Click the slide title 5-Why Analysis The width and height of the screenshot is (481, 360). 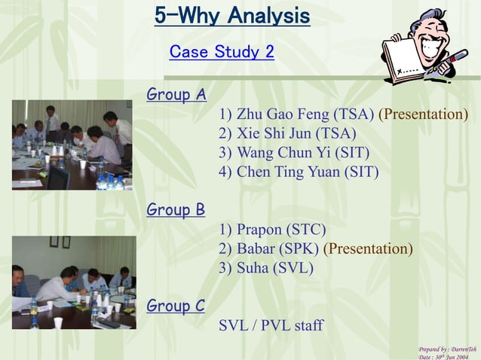click(x=231, y=16)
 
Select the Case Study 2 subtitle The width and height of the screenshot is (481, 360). click(x=222, y=52)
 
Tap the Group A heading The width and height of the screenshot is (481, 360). click(x=176, y=95)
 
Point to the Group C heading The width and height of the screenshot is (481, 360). click(x=175, y=306)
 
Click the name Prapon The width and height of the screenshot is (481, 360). click(x=259, y=230)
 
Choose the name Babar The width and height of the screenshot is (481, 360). click(x=256, y=249)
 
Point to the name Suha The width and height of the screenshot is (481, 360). click(x=254, y=267)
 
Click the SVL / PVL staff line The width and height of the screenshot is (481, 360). click(x=271, y=325)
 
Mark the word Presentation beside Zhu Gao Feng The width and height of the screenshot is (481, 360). click(x=423, y=114)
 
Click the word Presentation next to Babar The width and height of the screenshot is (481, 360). click(x=368, y=249)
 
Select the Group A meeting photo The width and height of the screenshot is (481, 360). click(x=72, y=145)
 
